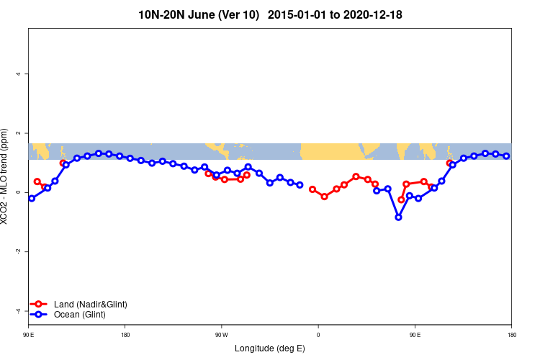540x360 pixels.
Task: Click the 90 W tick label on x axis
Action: pyautogui.click(x=221, y=335)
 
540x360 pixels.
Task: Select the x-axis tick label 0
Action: pyautogui.click(x=318, y=335)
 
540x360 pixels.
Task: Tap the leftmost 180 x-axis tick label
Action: pyautogui.click(x=125, y=335)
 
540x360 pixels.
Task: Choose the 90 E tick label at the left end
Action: pyautogui.click(x=28, y=335)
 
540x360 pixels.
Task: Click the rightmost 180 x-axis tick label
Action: pyautogui.click(x=511, y=335)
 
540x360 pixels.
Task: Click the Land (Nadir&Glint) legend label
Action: pyautogui.click(x=90, y=305)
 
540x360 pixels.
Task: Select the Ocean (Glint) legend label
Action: pyautogui.click(x=80, y=315)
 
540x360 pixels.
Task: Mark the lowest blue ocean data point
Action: pyautogui.click(x=398, y=217)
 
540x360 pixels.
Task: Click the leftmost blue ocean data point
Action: pyautogui.click(x=32, y=198)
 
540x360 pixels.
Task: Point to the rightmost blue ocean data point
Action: pyautogui.click(x=506, y=156)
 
